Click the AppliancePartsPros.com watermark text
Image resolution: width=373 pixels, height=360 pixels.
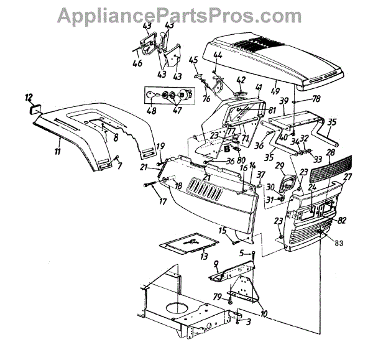186,14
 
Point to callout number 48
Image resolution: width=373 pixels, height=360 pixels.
151,111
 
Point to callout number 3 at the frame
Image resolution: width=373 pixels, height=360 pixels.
249,322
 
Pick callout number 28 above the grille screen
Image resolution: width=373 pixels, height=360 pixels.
329,152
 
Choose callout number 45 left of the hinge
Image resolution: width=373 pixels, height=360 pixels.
193,60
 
